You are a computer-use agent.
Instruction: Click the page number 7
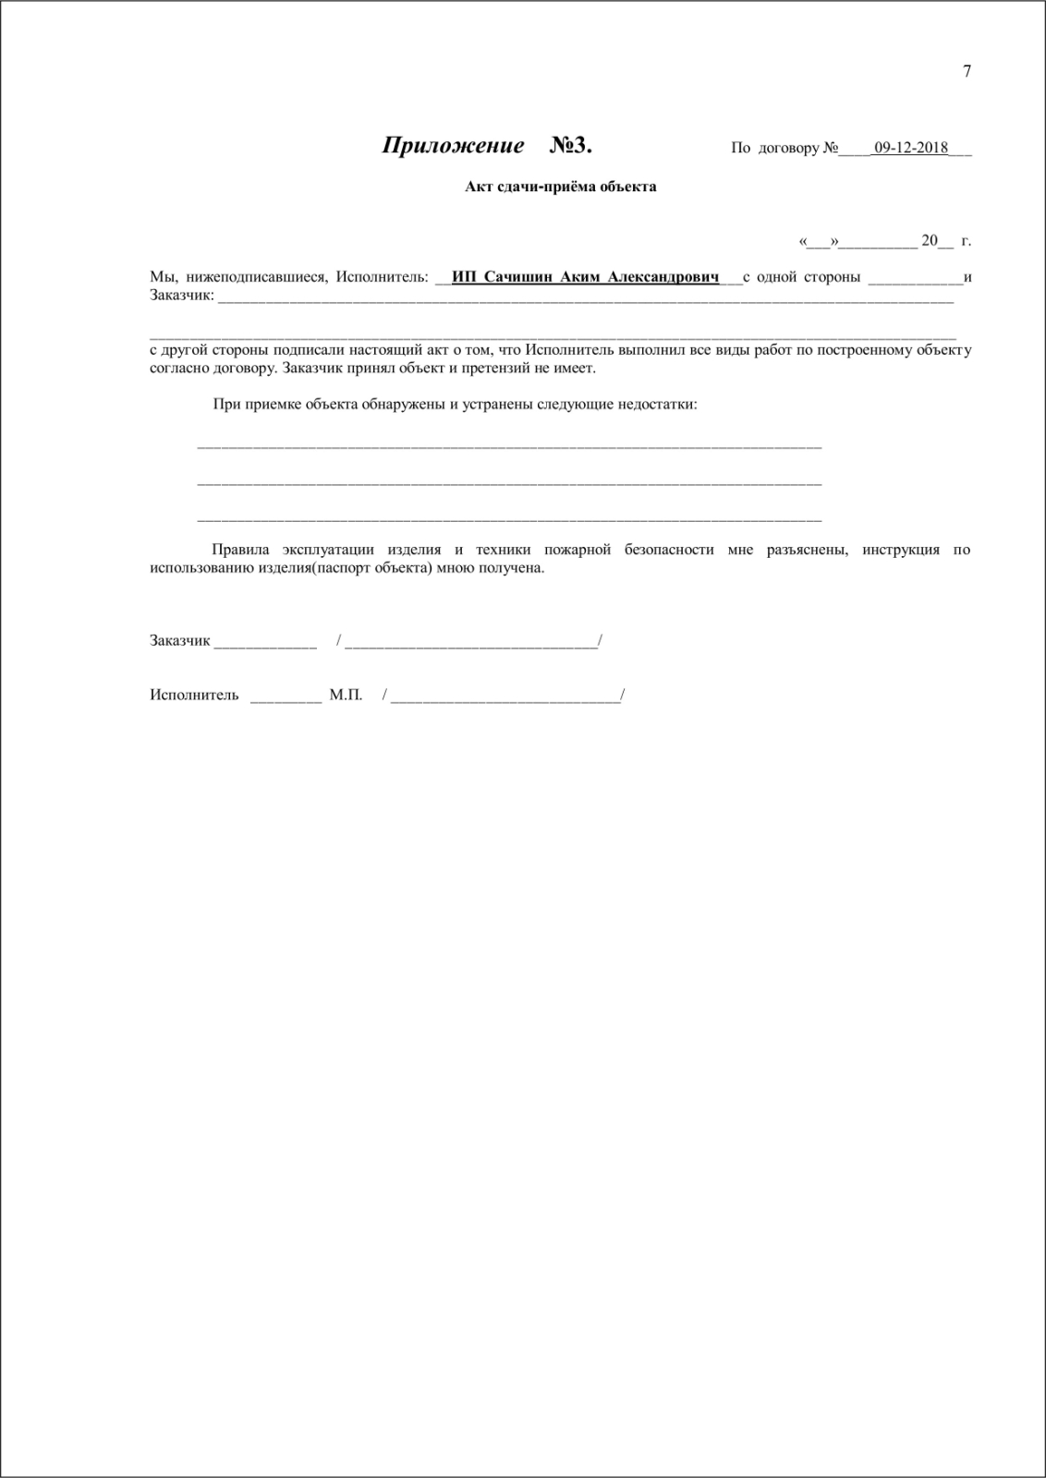(967, 72)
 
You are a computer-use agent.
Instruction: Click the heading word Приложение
(453, 146)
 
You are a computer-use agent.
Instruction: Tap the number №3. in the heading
(570, 146)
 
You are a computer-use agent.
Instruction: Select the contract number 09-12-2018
(910, 148)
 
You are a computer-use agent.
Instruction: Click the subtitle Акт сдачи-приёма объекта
(560, 187)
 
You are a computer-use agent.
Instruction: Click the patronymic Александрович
(664, 277)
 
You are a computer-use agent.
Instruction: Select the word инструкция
(901, 550)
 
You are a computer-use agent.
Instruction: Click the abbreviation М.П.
(346, 695)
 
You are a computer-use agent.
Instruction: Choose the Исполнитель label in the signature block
(194, 695)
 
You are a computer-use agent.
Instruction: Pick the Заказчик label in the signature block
(180, 640)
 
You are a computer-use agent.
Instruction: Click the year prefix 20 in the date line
(929, 241)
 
